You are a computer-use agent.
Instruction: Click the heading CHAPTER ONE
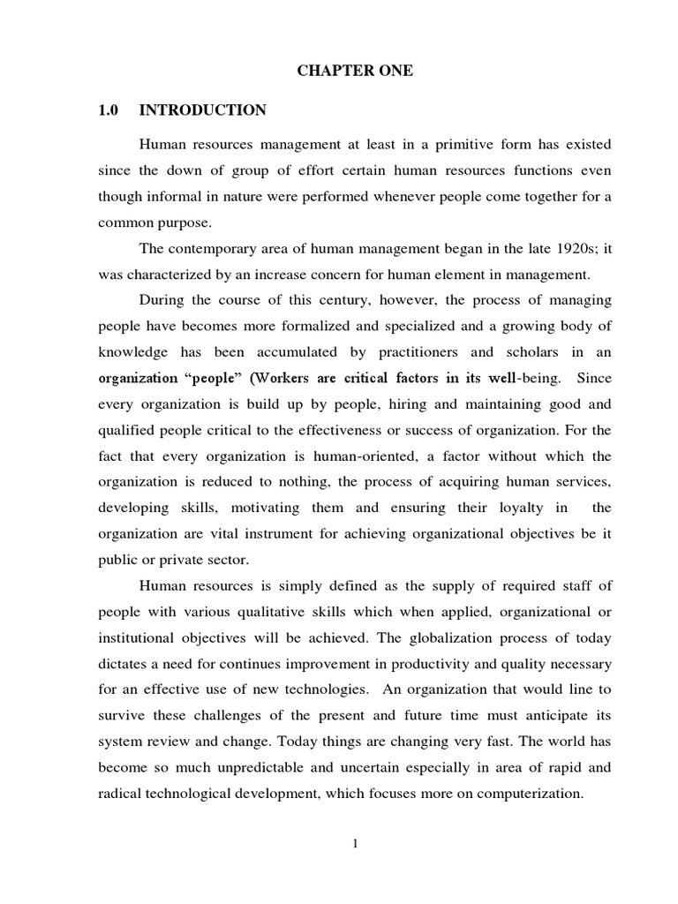tap(354, 72)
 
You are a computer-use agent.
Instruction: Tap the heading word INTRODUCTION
tap(203, 110)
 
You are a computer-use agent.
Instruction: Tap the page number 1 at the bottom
tap(354, 845)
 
